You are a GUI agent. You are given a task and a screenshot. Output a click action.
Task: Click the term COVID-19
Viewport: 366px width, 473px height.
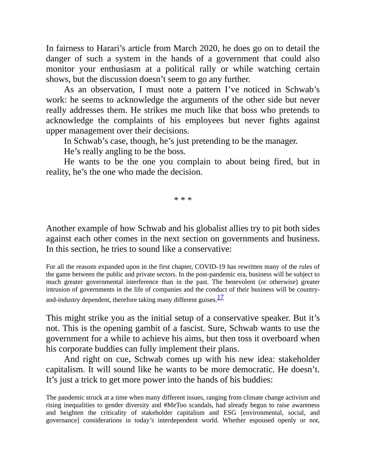click(210, 267)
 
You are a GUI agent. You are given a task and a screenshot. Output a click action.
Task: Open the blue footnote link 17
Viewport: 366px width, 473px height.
click(220, 297)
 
